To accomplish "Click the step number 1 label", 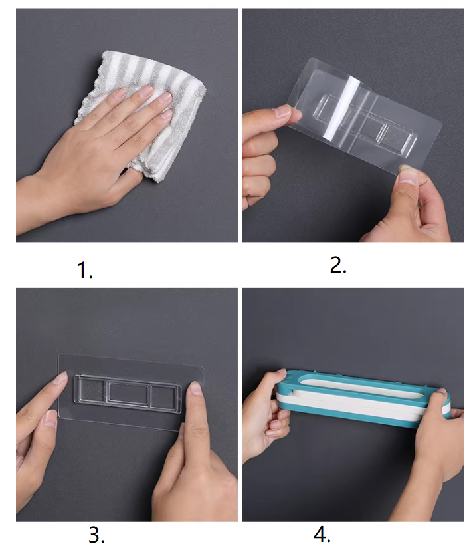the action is click(x=84, y=270).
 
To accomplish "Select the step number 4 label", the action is click(x=322, y=535).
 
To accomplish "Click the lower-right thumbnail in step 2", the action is click(x=407, y=178).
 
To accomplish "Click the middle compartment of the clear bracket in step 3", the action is click(x=129, y=392).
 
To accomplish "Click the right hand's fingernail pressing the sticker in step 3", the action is click(x=196, y=388).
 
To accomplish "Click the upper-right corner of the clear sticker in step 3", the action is click(x=202, y=368).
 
